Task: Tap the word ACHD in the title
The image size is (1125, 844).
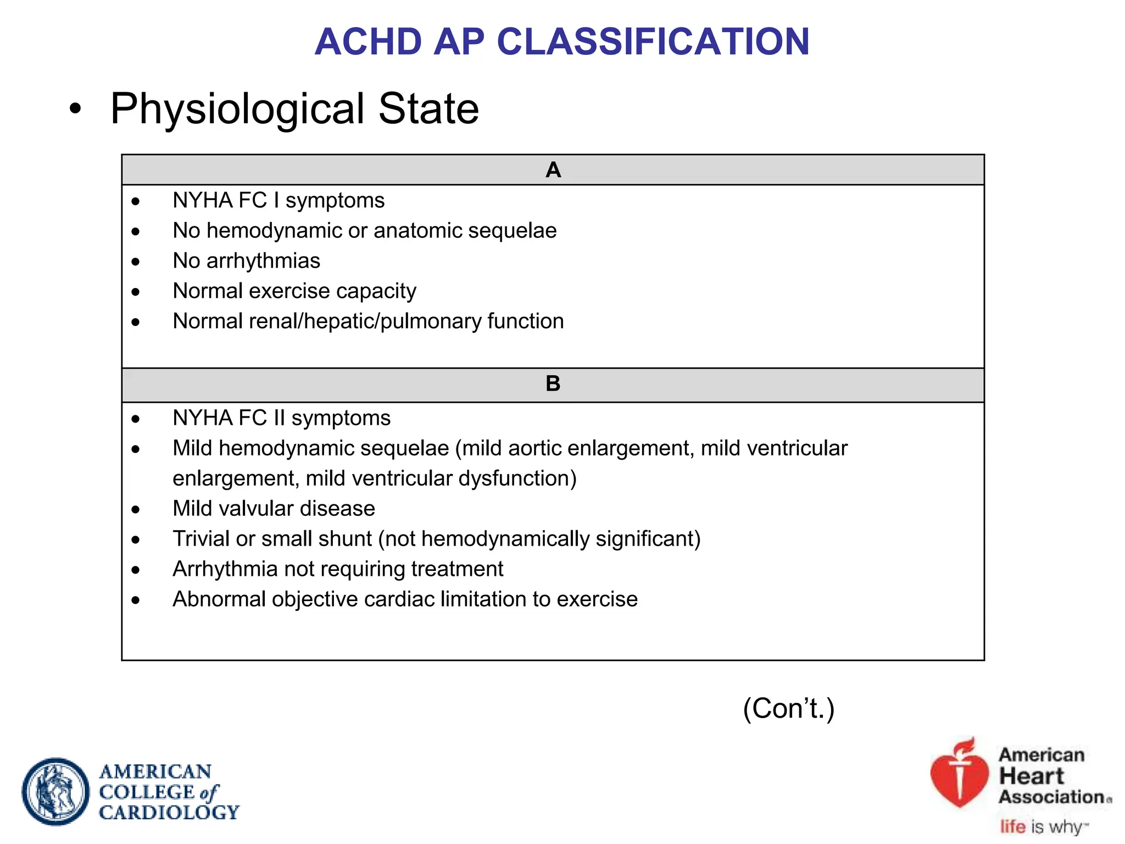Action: click(369, 42)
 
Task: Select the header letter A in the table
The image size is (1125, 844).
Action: click(553, 170)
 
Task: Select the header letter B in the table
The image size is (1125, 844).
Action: click(553, 384)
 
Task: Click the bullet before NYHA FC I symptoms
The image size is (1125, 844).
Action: click(136, 202)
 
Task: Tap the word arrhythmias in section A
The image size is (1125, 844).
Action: click(263, 261)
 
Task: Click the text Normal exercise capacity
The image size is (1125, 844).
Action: click(294, 291)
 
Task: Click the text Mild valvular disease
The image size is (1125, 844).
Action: click(274, 509)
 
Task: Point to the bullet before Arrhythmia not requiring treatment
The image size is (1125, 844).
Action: click(136, 570)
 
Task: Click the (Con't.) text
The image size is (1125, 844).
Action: click(788, 708)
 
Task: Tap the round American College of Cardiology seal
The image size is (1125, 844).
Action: click(55, 791)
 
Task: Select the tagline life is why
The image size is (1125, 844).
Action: click(1043, 826)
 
